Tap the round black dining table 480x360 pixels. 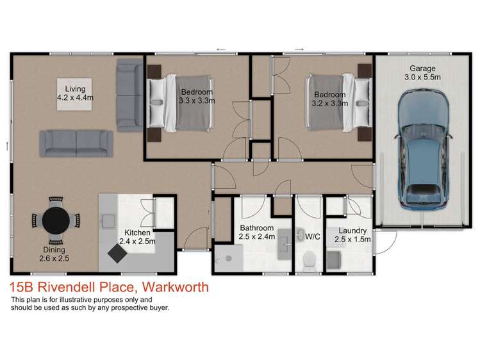point(56,220)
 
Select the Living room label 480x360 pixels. point(75,89)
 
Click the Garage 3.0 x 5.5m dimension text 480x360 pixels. point(422,77)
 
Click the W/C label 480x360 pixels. point(313,236)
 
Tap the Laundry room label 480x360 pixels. point(352,231)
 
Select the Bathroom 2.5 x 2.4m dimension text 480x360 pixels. point(256,236)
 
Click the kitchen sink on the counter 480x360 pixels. point(108,221)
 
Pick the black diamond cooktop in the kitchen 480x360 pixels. point(117,253)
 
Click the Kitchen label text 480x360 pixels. point(137,233)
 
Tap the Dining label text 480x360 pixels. point(54,250)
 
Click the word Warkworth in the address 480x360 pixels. point(176,287)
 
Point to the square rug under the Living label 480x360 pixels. point(74,94)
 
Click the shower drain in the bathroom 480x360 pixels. point(228,259)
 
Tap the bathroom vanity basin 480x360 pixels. point(285,244)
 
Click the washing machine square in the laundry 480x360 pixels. point(334,261)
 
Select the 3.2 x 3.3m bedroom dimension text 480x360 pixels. point(329,103)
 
